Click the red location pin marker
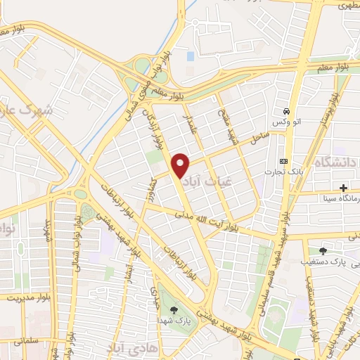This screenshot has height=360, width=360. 181,166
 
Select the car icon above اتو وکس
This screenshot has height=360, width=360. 287,112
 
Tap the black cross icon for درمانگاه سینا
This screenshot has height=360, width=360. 343,188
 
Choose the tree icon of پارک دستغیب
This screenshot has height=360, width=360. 323,250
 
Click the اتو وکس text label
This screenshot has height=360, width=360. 287,123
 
